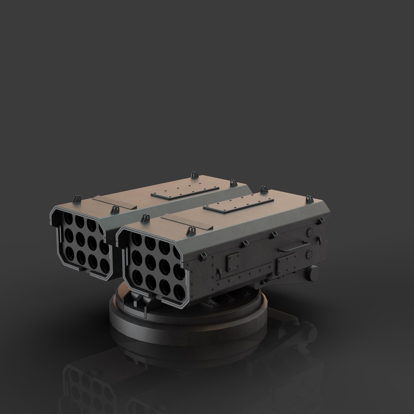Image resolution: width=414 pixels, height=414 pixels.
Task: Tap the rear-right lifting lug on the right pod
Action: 309,199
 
